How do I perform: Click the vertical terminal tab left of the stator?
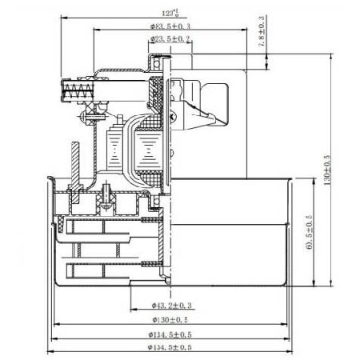pos(74,160)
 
